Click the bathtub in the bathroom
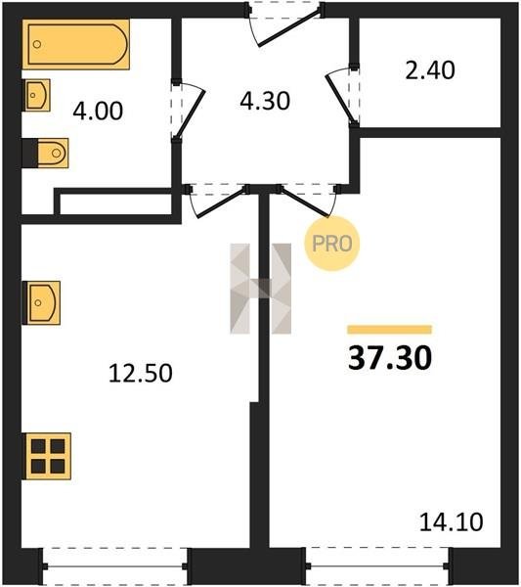(76, 44)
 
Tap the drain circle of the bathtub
(36, 44)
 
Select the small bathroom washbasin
(37, 95)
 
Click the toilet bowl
(53, 153)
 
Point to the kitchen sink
(42, 302)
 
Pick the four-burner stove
(48, 456)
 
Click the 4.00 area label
(98, 112)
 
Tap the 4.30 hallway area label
(265, 101)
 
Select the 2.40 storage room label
(430, 70)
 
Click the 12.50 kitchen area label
(141, 374)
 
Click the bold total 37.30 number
(390, 358)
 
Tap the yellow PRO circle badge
(331, 244)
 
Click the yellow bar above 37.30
(390, 330)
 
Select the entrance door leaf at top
(289, 28)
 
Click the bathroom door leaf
(190, 113)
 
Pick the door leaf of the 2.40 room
(340, 99)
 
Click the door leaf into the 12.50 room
(222, 203)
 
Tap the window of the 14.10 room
(377, 566)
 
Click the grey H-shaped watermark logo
(261, 289)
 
